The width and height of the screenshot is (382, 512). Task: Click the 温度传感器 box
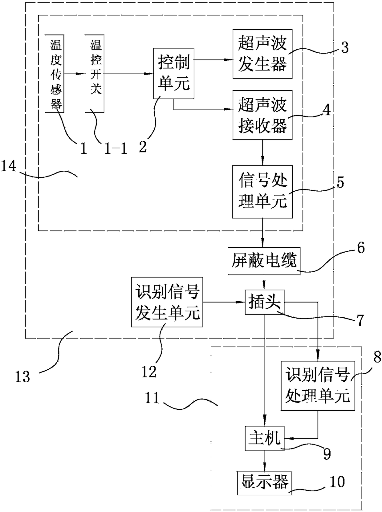[54, 74]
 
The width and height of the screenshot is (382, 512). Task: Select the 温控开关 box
[95, 74]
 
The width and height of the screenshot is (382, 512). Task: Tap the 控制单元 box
[173, 74]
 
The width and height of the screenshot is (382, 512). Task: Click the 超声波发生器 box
[262, 54]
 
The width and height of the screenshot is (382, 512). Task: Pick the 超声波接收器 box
[262, 115]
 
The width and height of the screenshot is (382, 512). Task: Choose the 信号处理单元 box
[262, 192]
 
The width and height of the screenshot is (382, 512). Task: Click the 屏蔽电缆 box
[264, 261]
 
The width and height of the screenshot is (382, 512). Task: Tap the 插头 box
[264, 302]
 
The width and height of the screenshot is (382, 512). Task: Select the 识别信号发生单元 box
[167, 302]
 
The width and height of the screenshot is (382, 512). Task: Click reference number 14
[9, 167]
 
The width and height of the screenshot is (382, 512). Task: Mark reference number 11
[152, 398]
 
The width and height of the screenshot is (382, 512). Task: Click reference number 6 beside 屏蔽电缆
[361, 248]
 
